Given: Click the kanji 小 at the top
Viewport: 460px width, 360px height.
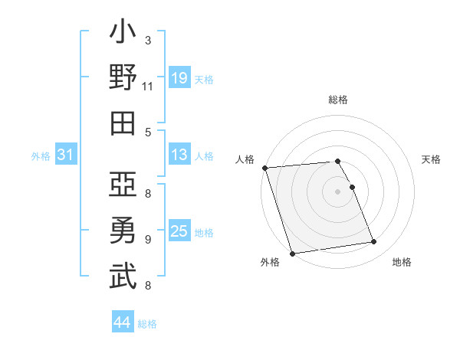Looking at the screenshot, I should pos(123,34).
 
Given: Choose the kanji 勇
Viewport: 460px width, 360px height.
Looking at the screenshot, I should pos(123,231).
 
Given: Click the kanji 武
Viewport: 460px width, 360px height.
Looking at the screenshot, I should pos(123,276).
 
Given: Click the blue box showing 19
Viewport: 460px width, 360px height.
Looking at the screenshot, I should pos(179,77).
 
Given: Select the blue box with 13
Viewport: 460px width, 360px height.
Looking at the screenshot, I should pos(179,155).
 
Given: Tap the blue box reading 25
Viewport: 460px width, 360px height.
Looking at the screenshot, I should pos(179,231).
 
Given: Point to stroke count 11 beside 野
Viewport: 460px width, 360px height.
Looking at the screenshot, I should pos(147,87).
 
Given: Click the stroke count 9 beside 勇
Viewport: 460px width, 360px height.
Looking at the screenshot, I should pos(147,240).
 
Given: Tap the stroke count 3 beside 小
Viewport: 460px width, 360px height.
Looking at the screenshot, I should pos(147,40).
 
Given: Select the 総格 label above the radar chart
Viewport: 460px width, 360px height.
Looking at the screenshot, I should pos(338,100).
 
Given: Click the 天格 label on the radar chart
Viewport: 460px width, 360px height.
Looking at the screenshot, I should pos(431,159).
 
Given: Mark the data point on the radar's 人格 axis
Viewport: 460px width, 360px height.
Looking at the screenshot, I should pos(264,168).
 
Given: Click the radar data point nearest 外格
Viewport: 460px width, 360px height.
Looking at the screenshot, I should pos(293,254).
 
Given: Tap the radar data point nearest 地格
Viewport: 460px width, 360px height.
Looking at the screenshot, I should pos(374,242).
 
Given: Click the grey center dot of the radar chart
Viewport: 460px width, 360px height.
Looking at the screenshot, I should pos(338,191).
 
